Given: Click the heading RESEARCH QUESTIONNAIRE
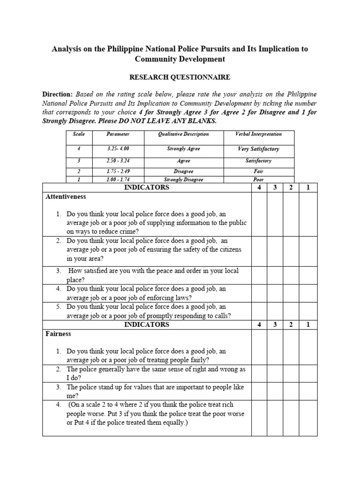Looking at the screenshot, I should pos(180,77).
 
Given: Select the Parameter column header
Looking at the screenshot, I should pos(118,134).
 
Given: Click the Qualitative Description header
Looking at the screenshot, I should pos(183,134).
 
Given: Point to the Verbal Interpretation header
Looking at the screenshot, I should pos(258,134).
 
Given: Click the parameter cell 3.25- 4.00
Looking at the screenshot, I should pos(118,149).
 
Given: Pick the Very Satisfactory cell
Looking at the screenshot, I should pos(258,149).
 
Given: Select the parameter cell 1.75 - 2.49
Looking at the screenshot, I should pos(118,172).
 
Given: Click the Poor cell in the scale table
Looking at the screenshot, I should pos(258,180).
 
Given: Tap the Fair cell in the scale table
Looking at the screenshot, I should pos(258,172).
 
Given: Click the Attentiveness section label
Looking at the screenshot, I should pos(66,197).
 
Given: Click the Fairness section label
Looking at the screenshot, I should pos(58,334).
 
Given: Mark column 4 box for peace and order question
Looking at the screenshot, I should pos(259,275).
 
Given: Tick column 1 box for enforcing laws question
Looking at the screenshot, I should pos(308,293).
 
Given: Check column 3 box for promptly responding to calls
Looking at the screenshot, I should pos(275,311).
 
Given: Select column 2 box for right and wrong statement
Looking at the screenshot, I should pos(291,374).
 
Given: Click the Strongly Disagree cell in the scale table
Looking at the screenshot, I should pos(183,180).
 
